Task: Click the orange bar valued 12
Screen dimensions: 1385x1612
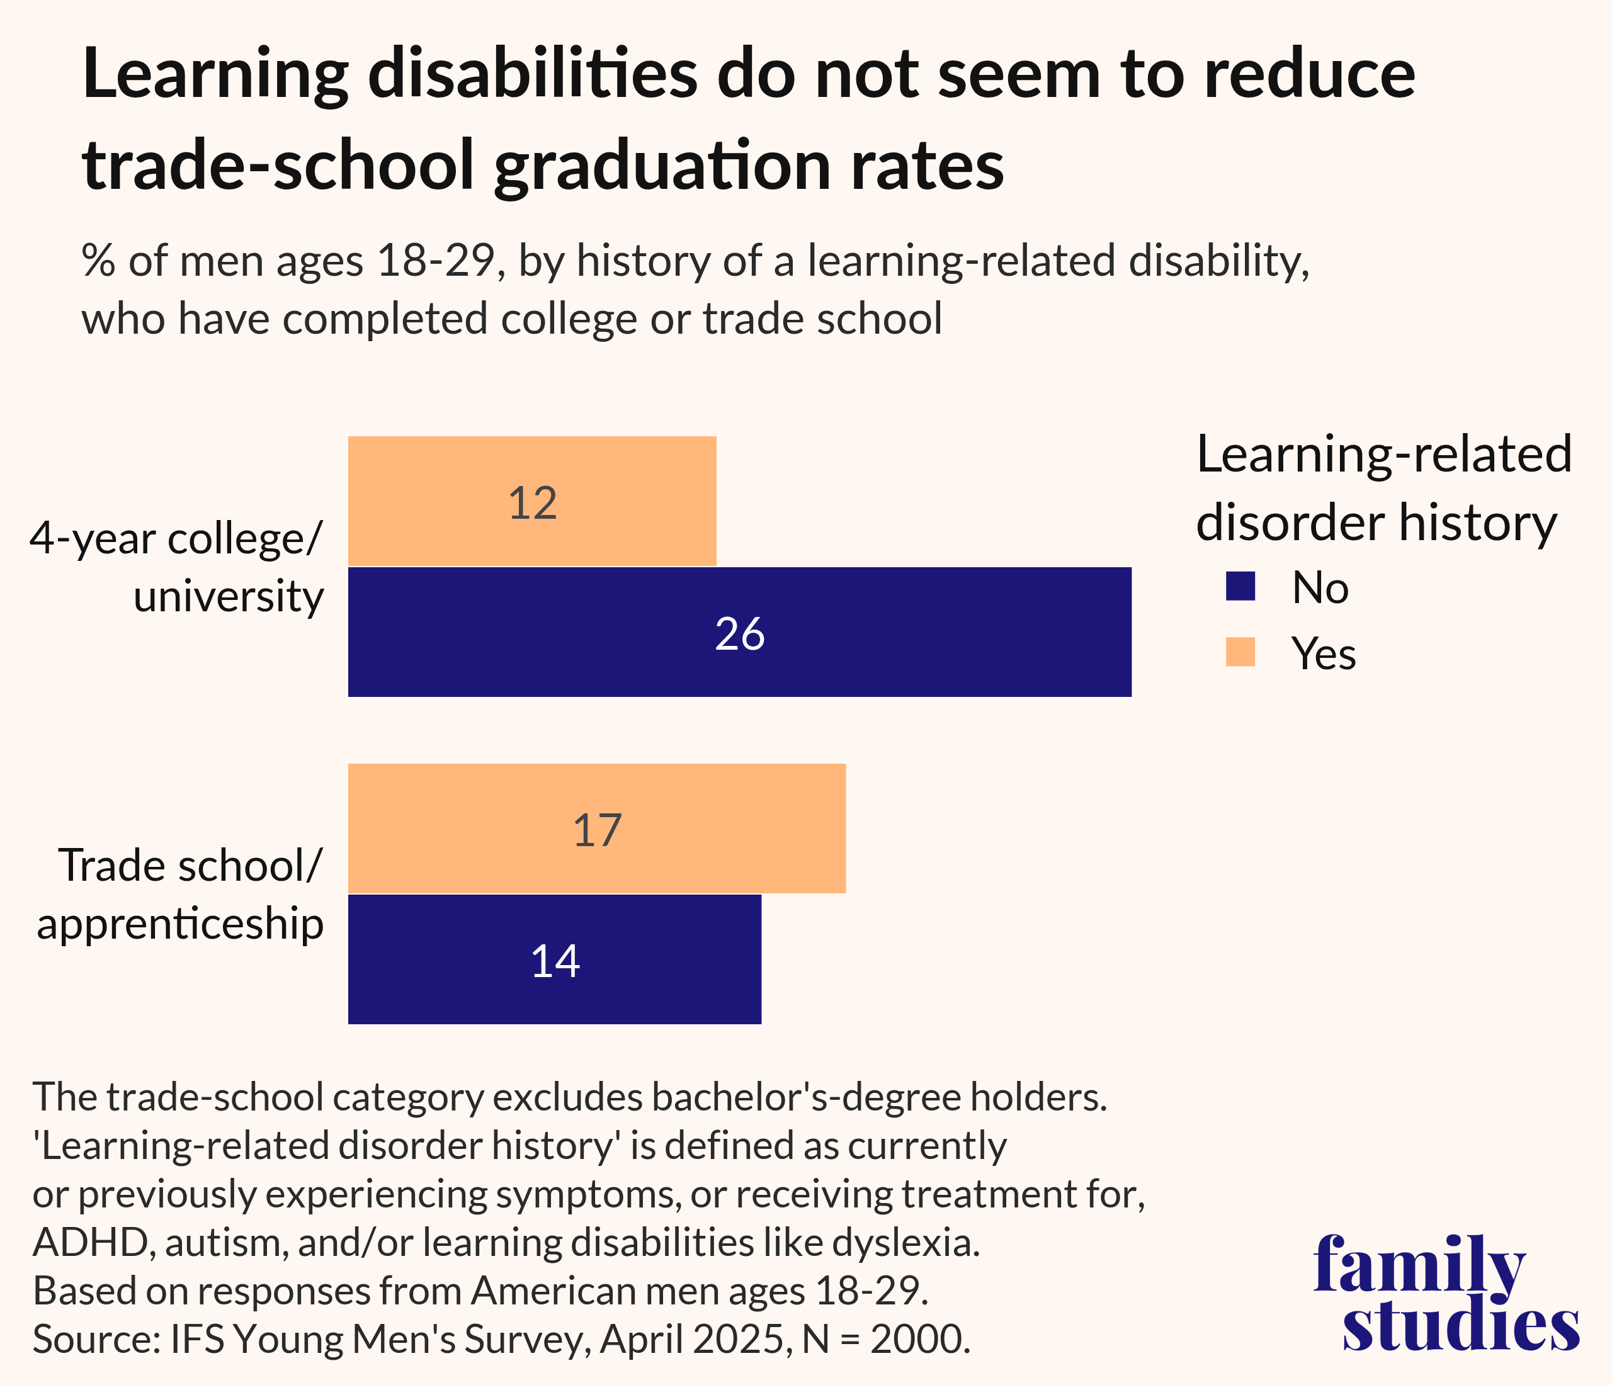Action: click(531, 502)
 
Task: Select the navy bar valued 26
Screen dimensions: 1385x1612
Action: click(739, 632)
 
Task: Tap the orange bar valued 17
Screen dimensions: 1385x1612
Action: click(597, 829)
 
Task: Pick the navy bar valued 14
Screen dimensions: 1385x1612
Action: click(554, 959)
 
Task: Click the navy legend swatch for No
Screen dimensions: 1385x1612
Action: click(1240, 587)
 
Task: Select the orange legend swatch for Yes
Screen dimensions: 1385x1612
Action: click(1240, 652)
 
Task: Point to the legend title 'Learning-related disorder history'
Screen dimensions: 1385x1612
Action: click(1383, 488)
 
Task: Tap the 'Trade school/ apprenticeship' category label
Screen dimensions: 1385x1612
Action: click(181, 895)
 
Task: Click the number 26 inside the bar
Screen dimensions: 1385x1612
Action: click(740, 634)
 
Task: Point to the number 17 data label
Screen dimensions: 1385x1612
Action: click(598, 830)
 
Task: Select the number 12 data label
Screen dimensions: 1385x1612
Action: click(533, 503)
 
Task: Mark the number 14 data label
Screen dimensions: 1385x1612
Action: click(555, 961)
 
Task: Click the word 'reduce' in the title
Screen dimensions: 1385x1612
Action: click(1309, 75)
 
